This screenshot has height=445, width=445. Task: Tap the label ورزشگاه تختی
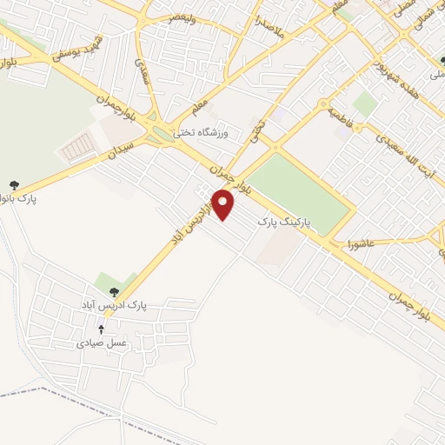202,132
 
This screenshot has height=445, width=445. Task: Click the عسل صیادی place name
103,343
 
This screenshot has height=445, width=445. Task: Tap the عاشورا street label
357,242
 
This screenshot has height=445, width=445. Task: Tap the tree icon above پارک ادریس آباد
114,292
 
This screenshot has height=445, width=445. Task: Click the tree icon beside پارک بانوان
14,185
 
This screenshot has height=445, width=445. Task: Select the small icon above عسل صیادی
102,329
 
